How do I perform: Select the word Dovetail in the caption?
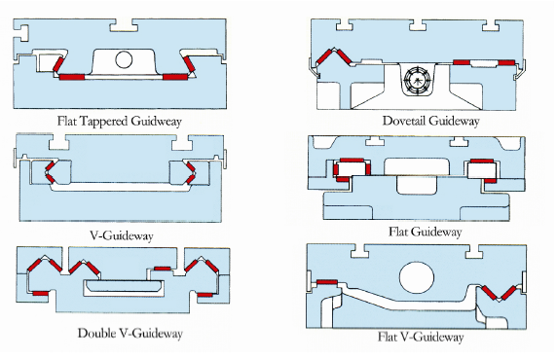click(404, 121)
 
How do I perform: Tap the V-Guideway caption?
click(122, 235)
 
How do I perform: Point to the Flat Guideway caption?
click(425, 232)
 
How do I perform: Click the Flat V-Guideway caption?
click(421, 337)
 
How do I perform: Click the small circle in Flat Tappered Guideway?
click(124, 59)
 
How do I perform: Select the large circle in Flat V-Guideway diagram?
click(417, 278)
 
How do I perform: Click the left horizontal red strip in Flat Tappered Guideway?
click(72, 77)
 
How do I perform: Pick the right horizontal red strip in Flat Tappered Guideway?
click(174, 77)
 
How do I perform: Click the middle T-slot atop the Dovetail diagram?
click(418, 25)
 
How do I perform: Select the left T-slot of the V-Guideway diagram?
click(59, 142)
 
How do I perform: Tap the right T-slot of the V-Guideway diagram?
click(182, 142)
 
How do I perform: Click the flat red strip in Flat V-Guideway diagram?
click(327, 282)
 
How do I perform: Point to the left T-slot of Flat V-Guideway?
click(359, 251)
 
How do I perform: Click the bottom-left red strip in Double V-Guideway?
click(40, 293)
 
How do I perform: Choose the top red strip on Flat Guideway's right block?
click(482, 161)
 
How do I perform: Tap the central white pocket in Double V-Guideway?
click(124, 288)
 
